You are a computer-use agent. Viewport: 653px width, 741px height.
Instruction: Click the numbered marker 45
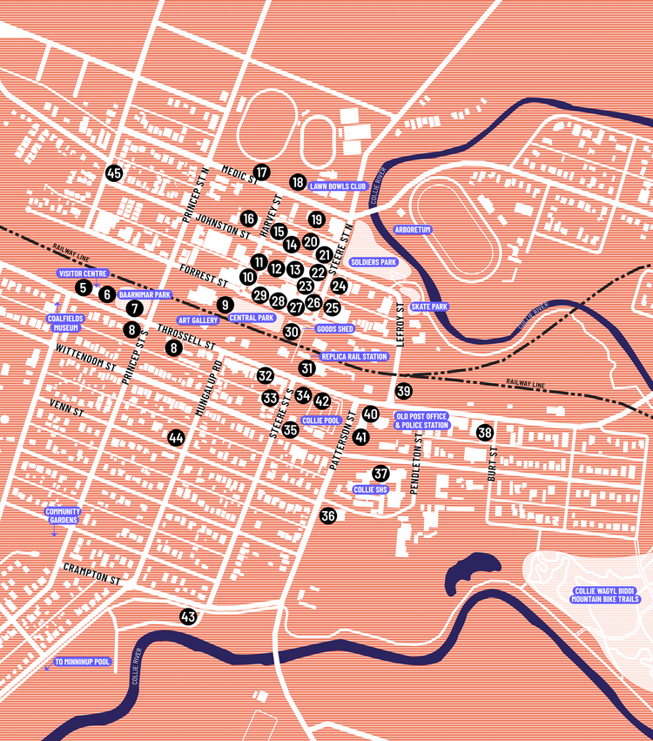point(113,173)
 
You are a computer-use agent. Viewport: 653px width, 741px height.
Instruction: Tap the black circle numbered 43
point(187,616)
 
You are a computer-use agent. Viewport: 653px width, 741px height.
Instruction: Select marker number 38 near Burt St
point(485,432)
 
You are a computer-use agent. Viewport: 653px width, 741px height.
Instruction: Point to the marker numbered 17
point(261,172)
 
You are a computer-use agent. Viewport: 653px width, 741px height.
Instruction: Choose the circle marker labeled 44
point(177,438)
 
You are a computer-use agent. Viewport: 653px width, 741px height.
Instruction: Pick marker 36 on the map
point(327,515)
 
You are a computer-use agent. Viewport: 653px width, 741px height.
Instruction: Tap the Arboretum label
point(413,229)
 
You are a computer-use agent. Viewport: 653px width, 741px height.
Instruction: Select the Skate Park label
point(429,307)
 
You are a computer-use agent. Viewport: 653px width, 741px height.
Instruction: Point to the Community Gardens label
point(63,515)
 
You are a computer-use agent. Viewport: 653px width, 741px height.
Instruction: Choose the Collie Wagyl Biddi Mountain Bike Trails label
point(606,595)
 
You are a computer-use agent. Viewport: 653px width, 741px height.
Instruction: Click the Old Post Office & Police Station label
point(422,420)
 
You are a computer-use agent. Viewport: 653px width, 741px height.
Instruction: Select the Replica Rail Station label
point(354,356)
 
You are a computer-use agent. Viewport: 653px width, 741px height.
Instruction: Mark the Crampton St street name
point(91,571)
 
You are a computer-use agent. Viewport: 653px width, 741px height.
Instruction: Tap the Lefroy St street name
point(401,325)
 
